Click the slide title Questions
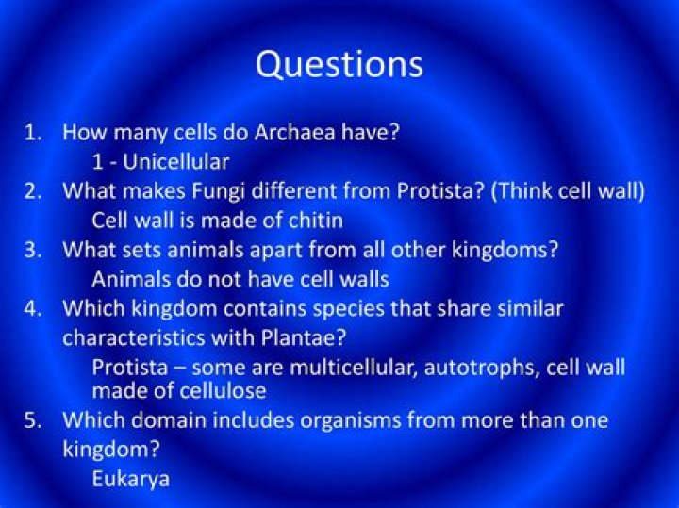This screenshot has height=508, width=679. [339, 64]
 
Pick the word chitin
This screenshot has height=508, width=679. [313, 221]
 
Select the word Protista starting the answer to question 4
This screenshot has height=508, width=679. [127, 367]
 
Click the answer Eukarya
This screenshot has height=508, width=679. [130, 478]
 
